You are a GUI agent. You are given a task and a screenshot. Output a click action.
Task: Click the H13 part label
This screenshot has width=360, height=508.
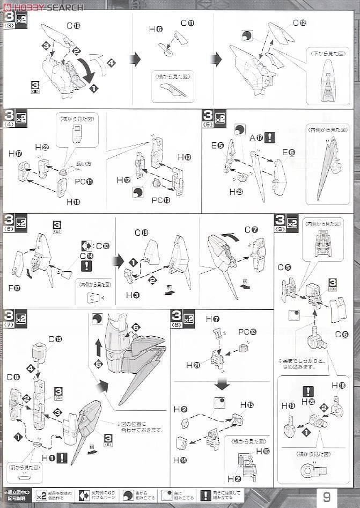tap(183, 157)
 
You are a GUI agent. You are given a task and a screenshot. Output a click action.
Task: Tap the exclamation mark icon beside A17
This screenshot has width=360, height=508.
tap(270, 137)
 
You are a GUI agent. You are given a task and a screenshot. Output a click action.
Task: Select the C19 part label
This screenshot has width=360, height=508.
tap(141, 233)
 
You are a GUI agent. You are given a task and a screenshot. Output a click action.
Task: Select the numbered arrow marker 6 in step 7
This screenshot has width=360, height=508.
tap(135, 327)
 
